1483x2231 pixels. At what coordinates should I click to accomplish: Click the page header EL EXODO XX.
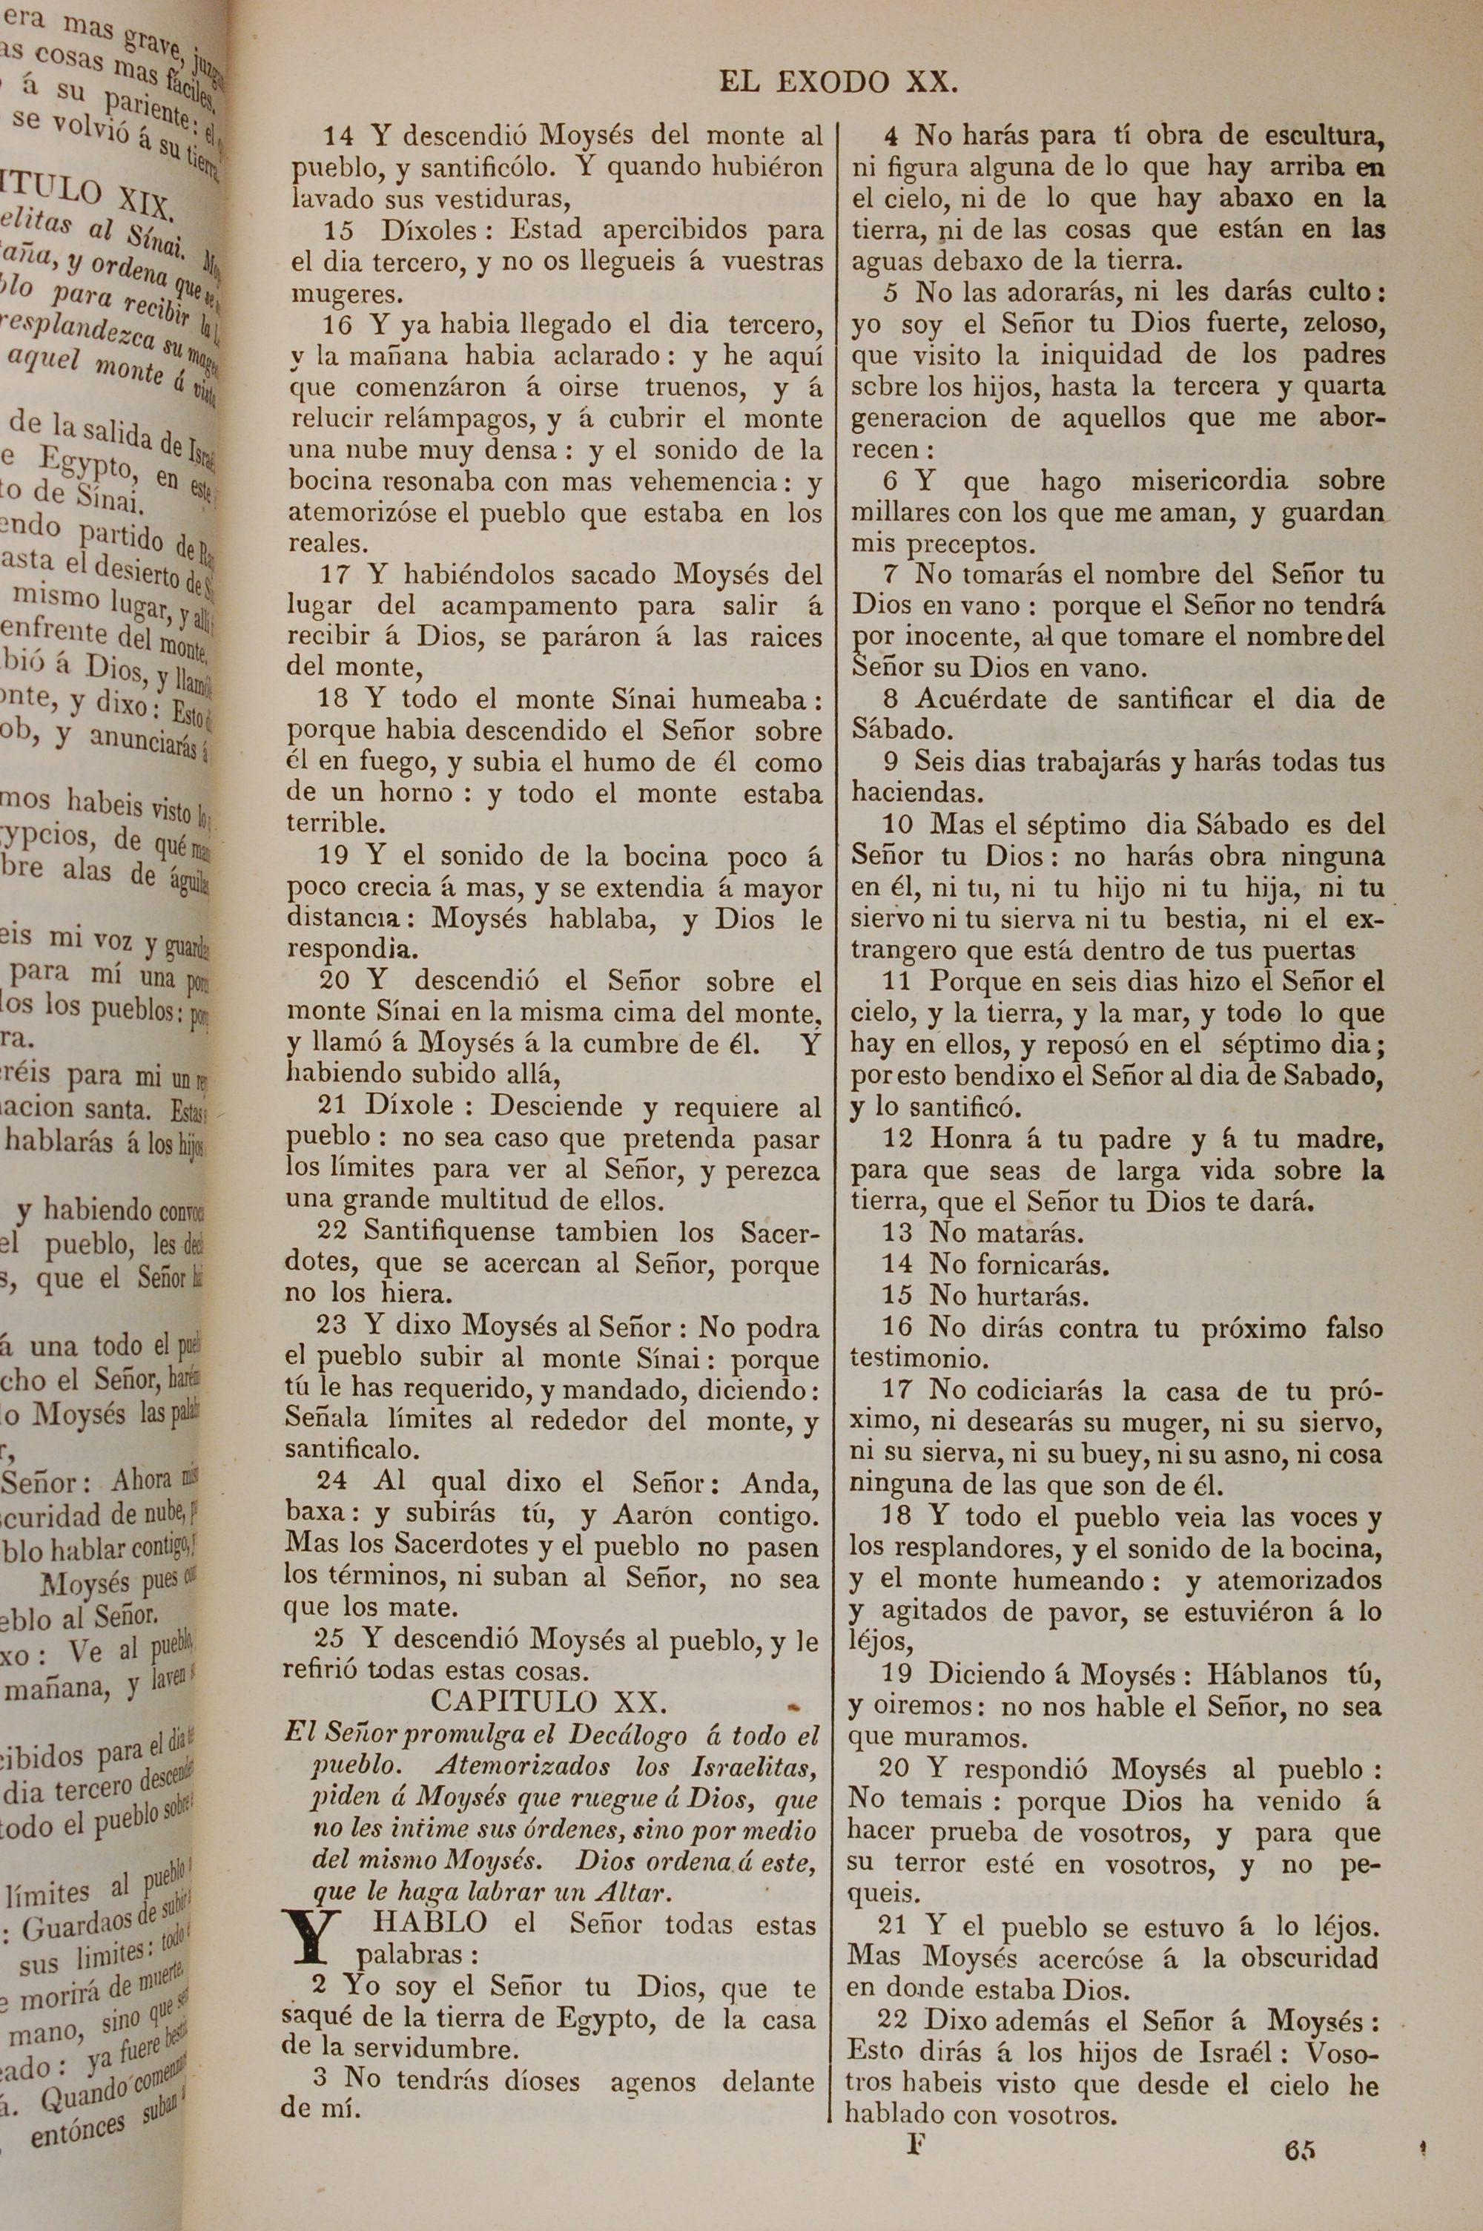click(x=838, y=82)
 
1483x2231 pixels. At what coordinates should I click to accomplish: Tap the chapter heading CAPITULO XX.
click(x=549, y=1701)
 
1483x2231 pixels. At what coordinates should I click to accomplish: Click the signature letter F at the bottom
click(x=914, y=2144)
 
